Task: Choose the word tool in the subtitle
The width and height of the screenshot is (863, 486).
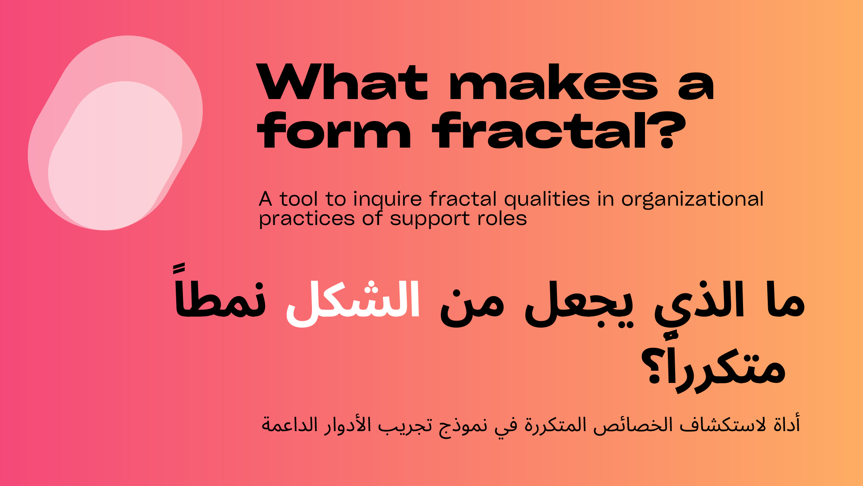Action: click(x=298, y=199)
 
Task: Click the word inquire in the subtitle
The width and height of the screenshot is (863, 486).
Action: click(x=387, y=200)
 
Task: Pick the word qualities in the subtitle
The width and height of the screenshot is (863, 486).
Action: click(x=547, y=200)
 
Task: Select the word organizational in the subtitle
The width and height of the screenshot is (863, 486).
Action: click(x=692, y=200)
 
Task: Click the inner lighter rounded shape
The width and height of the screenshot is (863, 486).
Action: click(x=115, y=156)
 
